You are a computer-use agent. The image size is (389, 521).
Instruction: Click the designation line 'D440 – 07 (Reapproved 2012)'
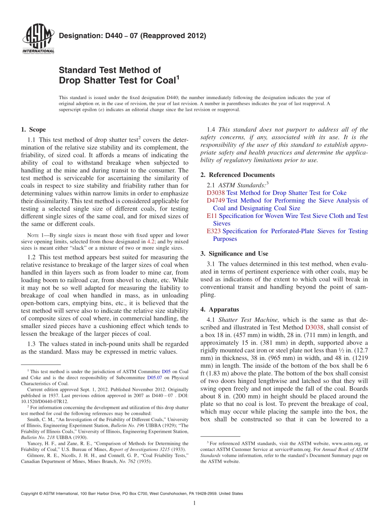[132, 36]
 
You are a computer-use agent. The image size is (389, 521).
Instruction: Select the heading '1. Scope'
[33, 129]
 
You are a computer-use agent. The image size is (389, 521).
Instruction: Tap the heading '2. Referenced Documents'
[237, 175]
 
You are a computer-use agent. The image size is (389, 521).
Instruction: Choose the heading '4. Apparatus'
[219, 310]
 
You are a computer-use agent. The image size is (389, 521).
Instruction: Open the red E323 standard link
[214, 231]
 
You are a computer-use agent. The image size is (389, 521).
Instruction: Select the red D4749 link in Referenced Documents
[215, 201]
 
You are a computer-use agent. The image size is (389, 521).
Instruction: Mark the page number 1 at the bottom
[194, 503]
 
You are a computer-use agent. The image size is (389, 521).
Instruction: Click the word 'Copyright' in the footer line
[31, 494]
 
